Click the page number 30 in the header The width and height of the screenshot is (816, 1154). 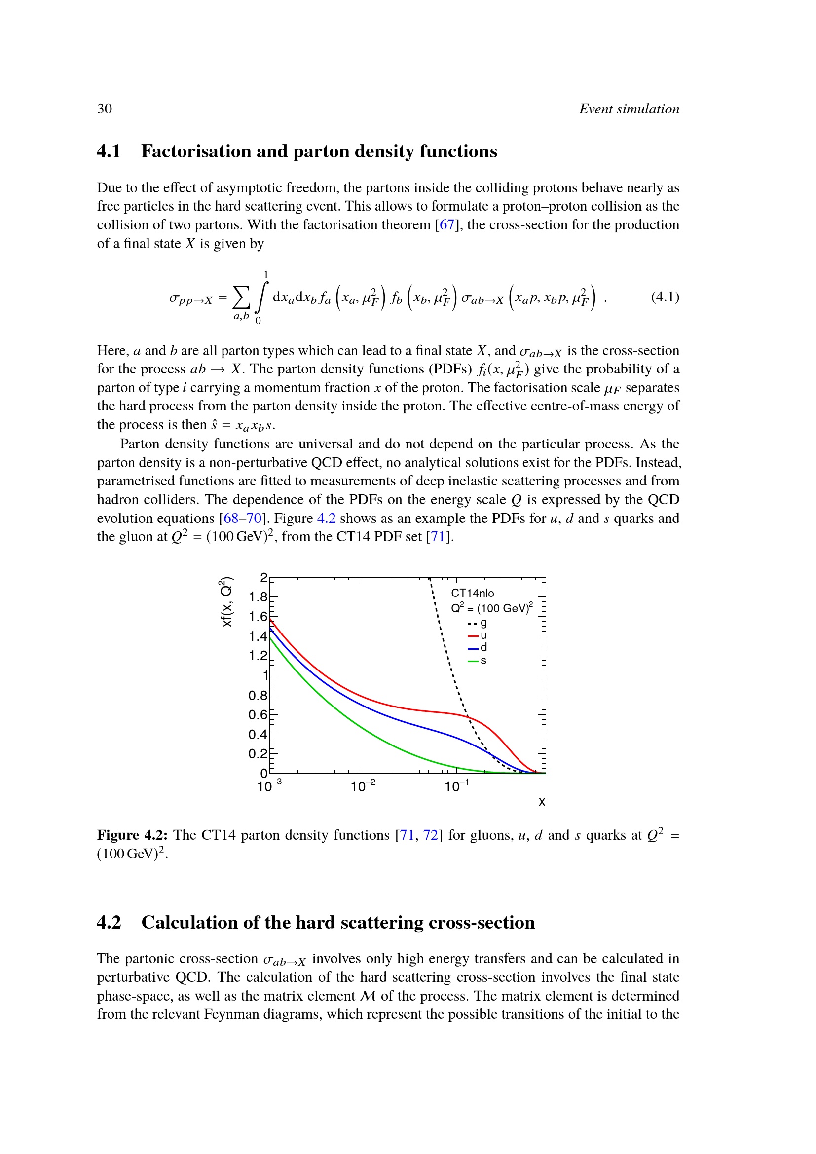(x=105, y=109)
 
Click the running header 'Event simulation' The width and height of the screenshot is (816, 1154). (x=629, y=109)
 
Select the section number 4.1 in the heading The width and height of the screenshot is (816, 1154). (x=109, y=151)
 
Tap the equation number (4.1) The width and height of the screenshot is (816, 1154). (x=665, y=297)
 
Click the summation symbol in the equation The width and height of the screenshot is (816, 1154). (x=241, y=298)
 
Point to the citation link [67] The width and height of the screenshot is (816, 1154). (x=446, y=224)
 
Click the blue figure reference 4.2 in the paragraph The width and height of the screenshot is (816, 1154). (x=326, y=518)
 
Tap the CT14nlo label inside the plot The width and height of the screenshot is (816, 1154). (x=472, y=593)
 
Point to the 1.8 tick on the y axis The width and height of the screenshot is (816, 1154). (x=258, y=597)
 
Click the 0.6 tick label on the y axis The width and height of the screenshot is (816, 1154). (x=258, y=715)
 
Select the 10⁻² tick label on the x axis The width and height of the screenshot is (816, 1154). (x=363, y=786)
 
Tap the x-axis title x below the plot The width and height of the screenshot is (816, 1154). (x=542, y=802)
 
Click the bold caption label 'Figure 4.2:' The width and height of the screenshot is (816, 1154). (x=132, y=835)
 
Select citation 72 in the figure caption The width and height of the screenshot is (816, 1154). (x=431, y=835)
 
